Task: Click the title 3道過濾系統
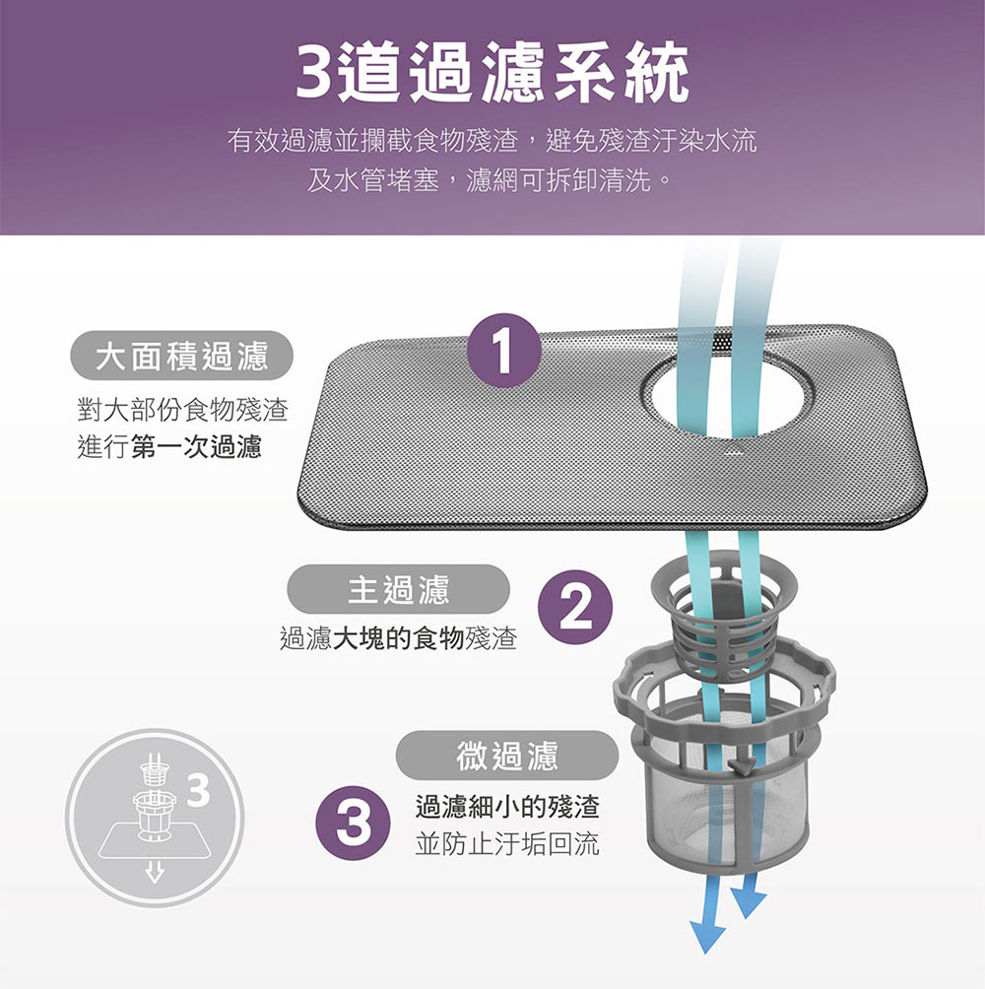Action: [492, 71]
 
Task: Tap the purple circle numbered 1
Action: [504, 350]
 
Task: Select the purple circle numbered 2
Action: [575, 608]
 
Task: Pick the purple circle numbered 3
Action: [354, 824]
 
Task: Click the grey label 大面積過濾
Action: [181, 355]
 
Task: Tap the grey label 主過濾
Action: [399, 589]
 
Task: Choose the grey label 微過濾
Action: [507, 756]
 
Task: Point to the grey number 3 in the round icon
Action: [199, 791]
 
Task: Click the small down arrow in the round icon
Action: [155, 873]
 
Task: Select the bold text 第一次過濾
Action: [196, 447]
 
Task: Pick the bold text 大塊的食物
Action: [398, 638]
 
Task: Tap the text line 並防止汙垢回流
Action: [507, 844]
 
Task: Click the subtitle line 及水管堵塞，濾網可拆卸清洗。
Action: [490, 180]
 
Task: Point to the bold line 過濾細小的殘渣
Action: [507, 807]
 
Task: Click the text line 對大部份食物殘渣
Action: [183, 410]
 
